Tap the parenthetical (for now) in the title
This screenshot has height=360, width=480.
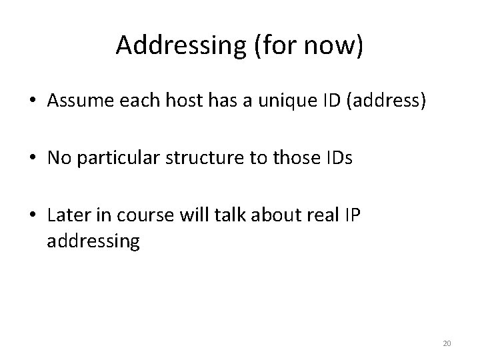pos(308,45)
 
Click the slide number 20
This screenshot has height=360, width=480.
pos(447,343)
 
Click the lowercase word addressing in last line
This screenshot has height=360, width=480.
pos(93,241)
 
